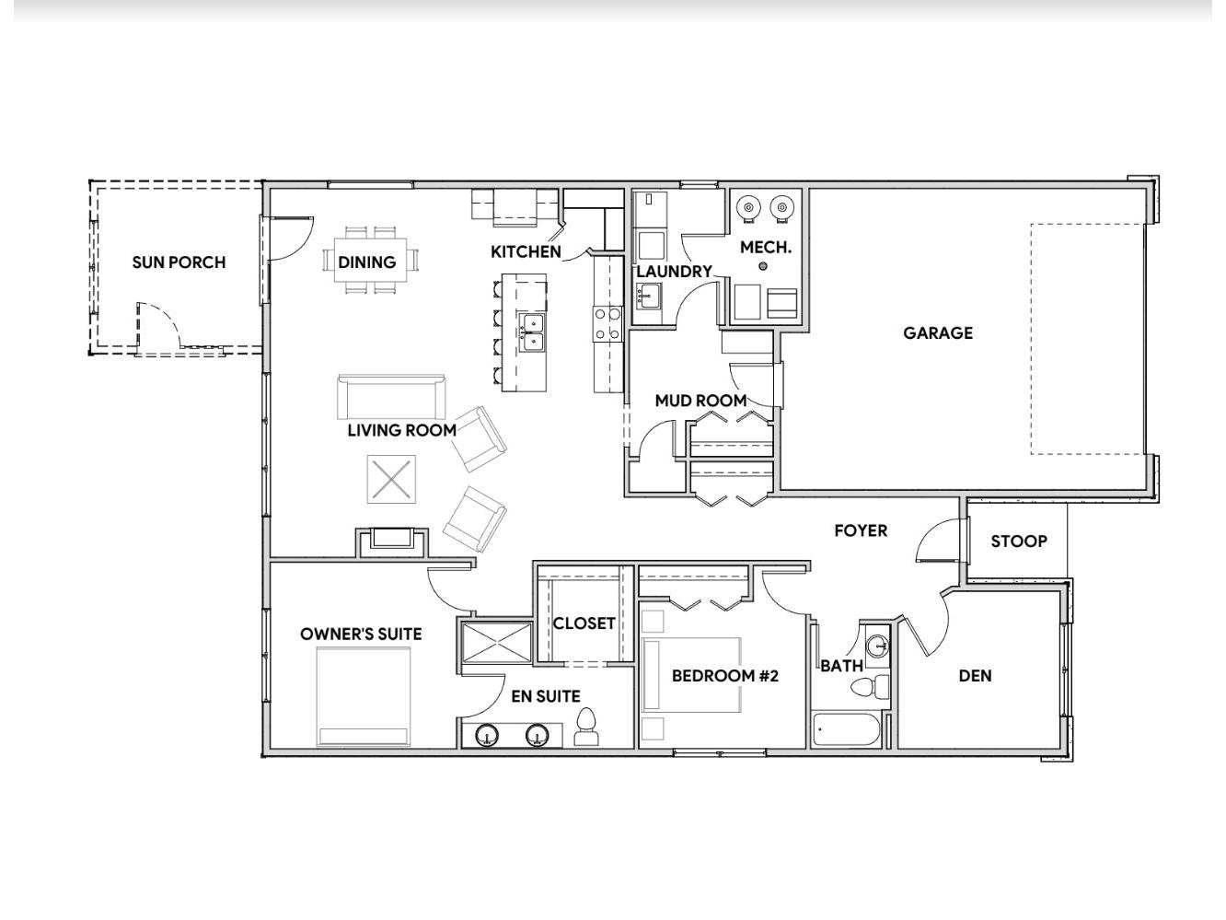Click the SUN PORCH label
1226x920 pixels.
coord(179,262)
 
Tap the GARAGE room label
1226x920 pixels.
coord(938,333)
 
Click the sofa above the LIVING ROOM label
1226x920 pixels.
coord(391,397)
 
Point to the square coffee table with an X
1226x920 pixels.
coord(391,479)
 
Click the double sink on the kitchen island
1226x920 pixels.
coord(532,333)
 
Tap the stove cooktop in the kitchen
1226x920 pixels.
coord(607,324)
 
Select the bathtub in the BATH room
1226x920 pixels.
coord(846,729)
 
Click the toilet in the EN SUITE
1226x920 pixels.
coord(585,727)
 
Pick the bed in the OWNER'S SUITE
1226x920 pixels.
coord(363,696)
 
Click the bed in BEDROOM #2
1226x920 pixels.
coord(691,675)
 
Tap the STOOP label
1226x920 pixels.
coord(1019,542)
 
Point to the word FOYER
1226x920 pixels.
coord(861,530)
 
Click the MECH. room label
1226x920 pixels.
coord(766,248)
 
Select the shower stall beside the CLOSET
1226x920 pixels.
coord(496,643)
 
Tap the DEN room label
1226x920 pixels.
coord(976,676)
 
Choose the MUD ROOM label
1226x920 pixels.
coord(701,401)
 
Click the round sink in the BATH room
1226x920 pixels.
coord(877,646)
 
